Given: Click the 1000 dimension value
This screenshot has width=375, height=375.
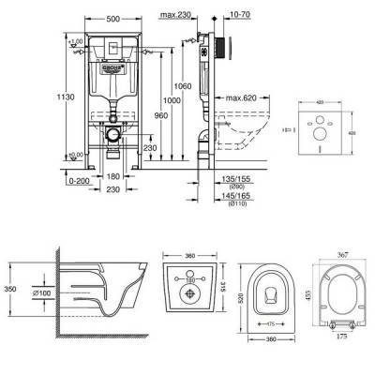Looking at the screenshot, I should coord(169,101).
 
